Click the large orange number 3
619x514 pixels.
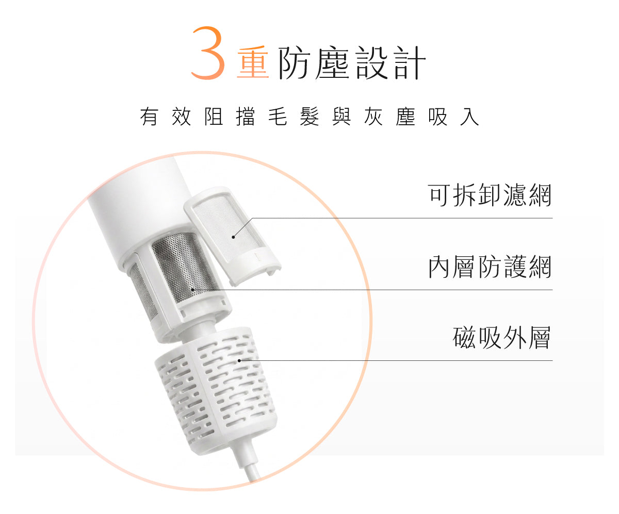click(208, 53)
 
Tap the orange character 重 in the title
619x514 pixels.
click(253, 62)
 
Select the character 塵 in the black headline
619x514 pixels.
click(332, 63)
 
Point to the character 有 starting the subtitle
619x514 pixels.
click(149, 117)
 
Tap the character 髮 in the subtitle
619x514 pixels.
click(309, 117)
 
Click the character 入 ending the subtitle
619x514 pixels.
click(469, 117)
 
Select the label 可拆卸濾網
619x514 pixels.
click(490, 195)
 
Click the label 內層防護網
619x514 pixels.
click(490, 267)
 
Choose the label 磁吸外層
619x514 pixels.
click(501, 338)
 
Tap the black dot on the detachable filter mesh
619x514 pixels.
click(233, 237)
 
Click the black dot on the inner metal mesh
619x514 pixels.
click(193, 289)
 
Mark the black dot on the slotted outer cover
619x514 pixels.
click(239, 360)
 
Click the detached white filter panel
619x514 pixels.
click(232, 236)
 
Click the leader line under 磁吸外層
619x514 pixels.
click(396, 360)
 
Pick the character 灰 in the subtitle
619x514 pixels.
click(373, 117)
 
